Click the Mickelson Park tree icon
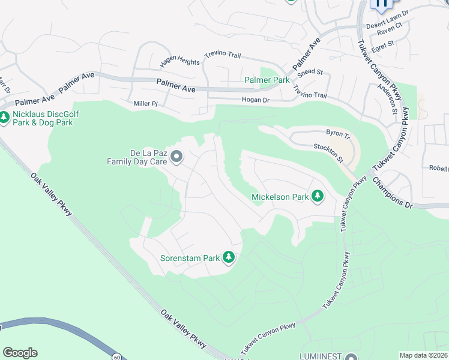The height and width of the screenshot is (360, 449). coord(318,197)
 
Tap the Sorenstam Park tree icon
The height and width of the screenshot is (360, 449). coord(228,258)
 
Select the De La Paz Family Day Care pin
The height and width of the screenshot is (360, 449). coord(176,157)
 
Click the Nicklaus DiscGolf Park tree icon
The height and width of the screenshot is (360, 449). coord(5,118)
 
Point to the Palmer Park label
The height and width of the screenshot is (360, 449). coord(267,80)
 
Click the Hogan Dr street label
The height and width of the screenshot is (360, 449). coord(255,100)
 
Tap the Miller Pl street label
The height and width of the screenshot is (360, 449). coord(145,104)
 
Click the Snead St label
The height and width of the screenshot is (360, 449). coord(310,72)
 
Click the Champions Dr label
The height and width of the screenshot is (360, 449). coord(393,193)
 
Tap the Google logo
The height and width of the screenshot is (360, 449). coord(20,353)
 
